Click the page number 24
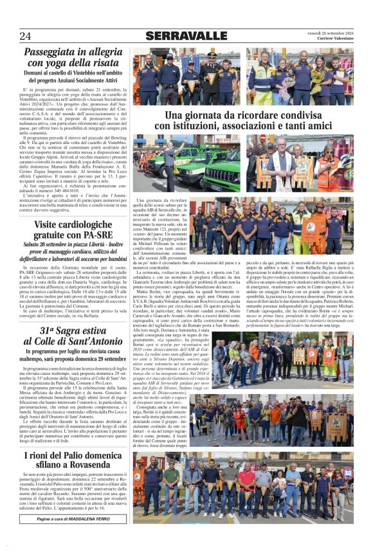(x=25, y=35)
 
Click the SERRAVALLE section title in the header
(x=186, y=36)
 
